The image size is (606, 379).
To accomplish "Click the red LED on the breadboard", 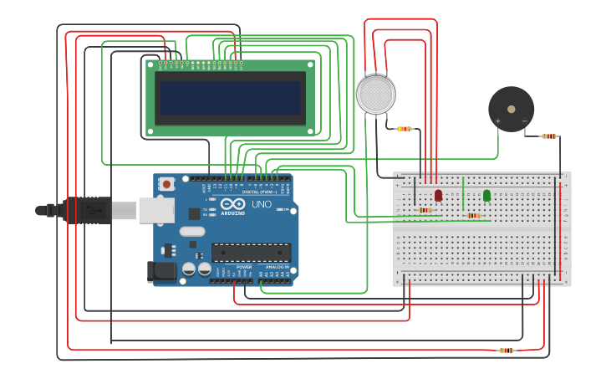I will [438, 195].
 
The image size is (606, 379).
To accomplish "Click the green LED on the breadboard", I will [486, 195].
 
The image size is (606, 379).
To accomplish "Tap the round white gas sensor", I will [376, 95].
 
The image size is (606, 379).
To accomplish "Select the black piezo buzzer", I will [511, 109].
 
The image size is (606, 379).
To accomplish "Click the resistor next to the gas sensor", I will [405, 129].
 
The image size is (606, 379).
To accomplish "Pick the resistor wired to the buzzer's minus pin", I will [549, 136].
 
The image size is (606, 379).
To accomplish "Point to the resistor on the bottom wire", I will [506, 351].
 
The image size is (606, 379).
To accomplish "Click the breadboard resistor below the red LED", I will [425, 210].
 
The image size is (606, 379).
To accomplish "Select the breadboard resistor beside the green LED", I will [474, 216].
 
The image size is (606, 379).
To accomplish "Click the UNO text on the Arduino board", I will [262, 204].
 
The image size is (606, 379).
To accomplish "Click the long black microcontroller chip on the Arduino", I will [251, 252].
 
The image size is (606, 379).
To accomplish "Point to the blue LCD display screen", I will [231, 98].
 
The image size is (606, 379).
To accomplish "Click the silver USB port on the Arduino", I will [155, 211].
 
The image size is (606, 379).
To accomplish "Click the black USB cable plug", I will [87, 210].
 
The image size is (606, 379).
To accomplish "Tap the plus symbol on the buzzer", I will [498, 121].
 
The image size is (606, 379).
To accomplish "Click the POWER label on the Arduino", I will [244, 268].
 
